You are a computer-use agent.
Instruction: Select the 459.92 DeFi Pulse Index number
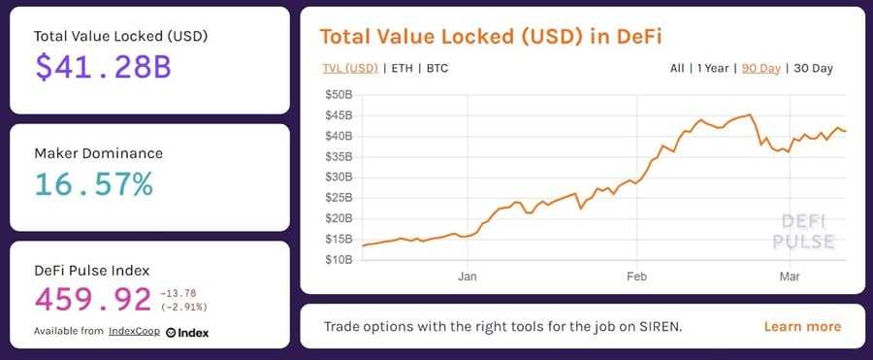93,299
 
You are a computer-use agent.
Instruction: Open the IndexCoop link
135,332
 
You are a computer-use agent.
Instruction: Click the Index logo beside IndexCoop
187,332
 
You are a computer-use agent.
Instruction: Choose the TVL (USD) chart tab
350,68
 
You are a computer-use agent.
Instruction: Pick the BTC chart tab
436,68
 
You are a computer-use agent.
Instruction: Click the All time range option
676,68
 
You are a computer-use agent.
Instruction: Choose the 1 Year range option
715,68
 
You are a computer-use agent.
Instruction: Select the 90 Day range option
761,68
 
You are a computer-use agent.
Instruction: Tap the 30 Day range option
813,68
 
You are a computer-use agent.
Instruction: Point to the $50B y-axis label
339,95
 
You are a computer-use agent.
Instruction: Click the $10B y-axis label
339,259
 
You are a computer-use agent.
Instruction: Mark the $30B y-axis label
339,178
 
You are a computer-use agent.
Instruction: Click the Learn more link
802,326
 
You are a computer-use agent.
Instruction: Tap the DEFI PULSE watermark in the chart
802,231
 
